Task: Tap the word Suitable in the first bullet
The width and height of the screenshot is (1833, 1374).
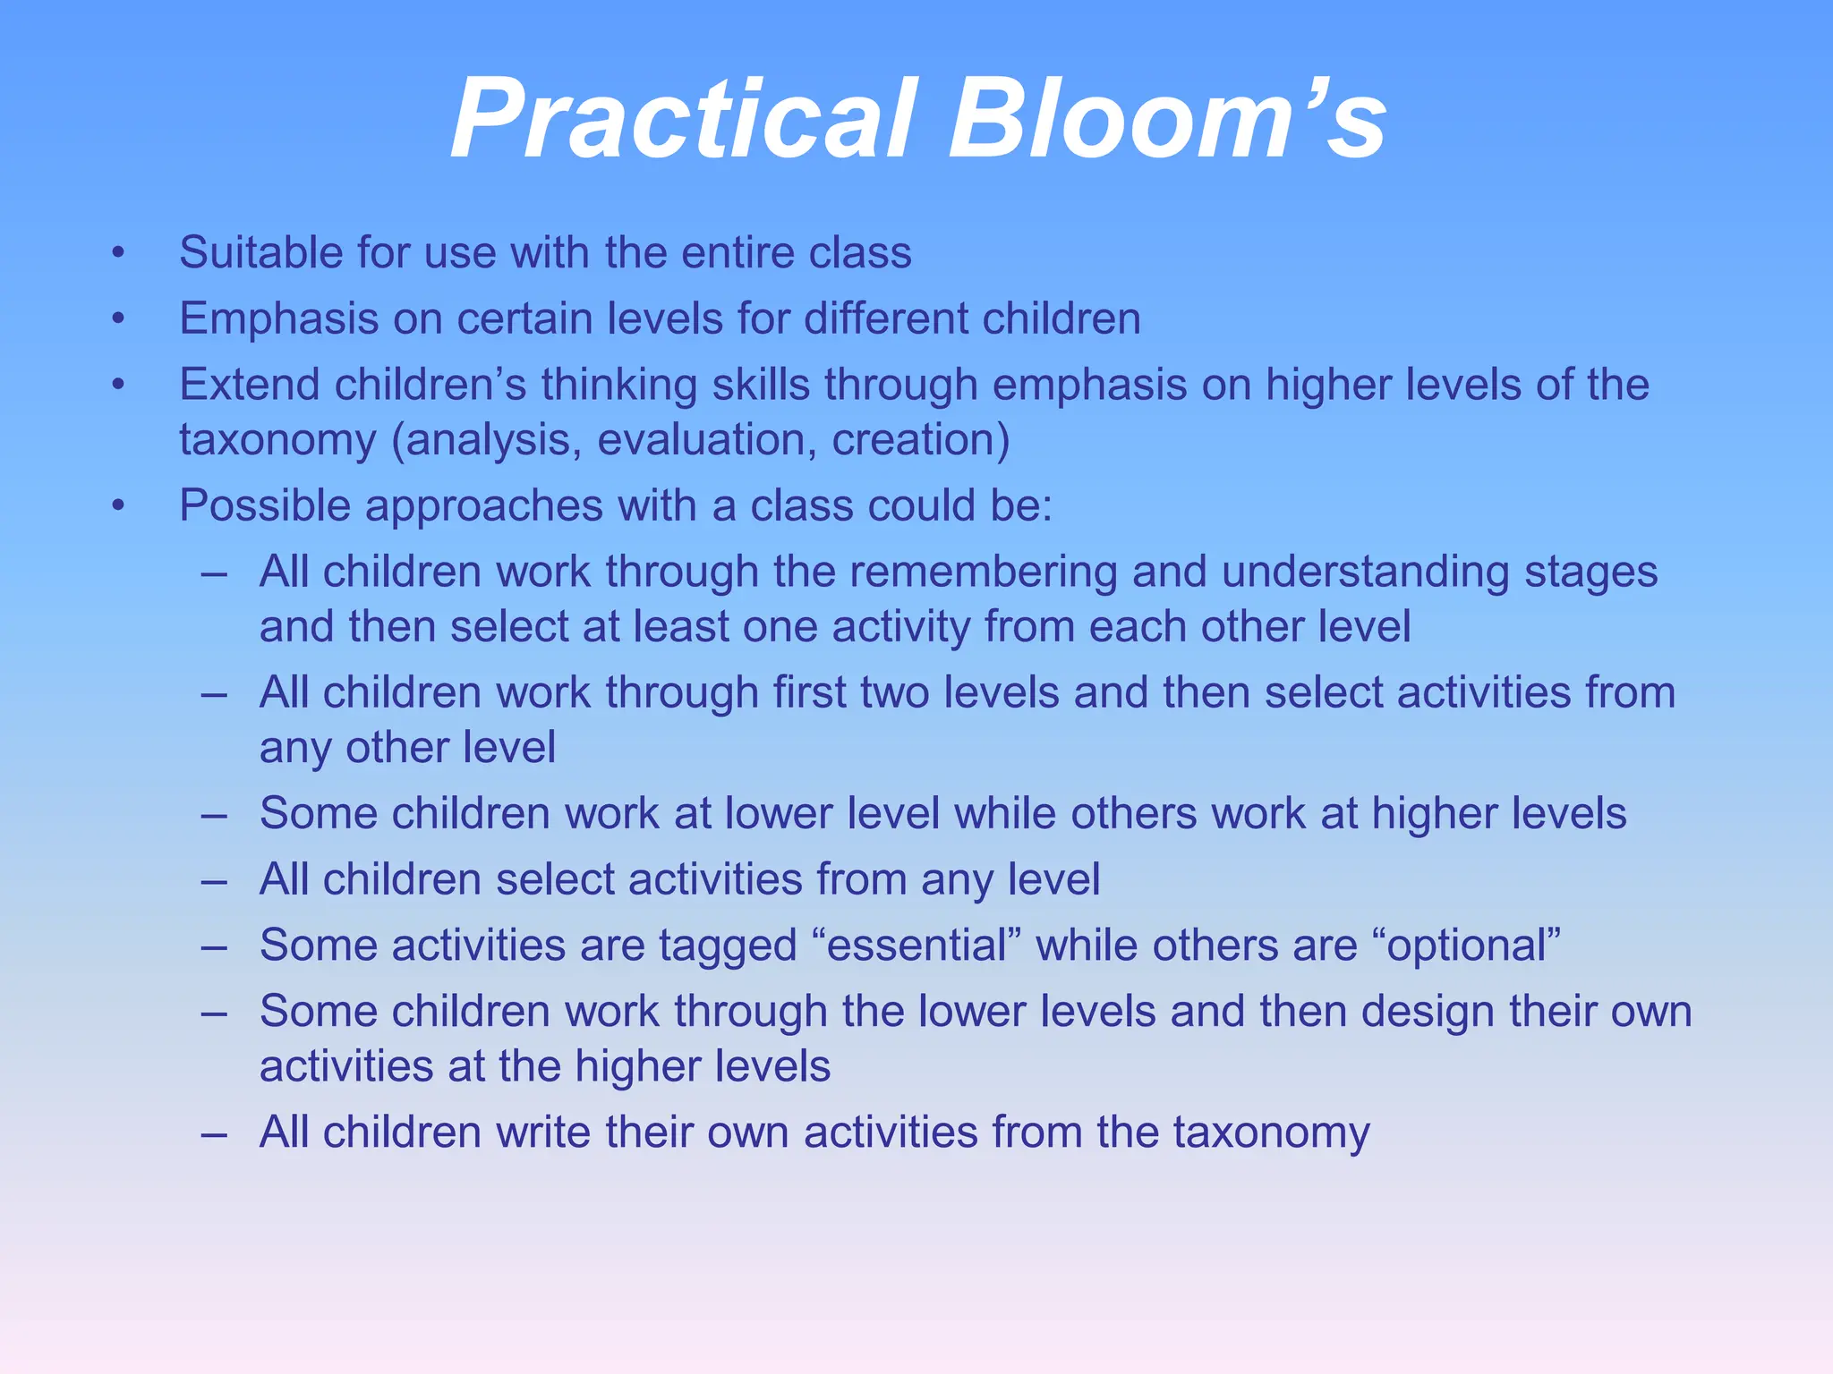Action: [x=260, y=252]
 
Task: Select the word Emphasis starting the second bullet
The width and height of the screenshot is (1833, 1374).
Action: [x=278, y=318]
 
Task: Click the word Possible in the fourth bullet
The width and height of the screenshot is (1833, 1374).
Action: [x=262, y=506]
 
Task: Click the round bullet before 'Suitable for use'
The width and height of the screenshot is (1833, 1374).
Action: [x=118, y=253]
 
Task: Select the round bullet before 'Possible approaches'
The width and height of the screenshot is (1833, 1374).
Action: [x=118, y=506]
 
